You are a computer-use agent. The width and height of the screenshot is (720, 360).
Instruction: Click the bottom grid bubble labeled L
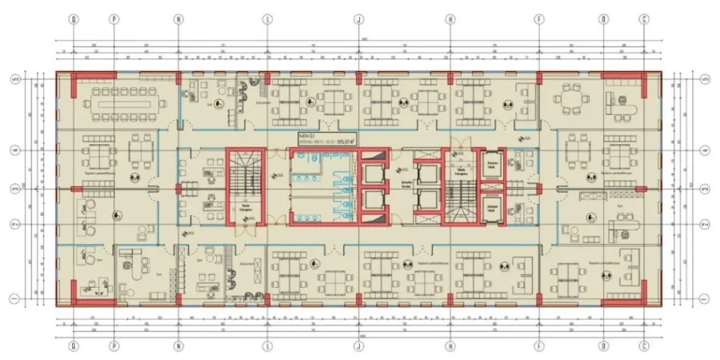click(x=268, y=346)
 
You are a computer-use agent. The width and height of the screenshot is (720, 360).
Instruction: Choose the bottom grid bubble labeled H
click(x=450, y=346)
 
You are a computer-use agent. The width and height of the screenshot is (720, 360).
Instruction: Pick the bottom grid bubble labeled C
click(x=644, y=346)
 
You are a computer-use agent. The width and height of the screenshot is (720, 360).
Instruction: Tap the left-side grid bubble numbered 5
click(x=14, y=80)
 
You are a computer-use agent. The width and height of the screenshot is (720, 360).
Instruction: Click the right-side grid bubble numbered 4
click(x=705, y=150)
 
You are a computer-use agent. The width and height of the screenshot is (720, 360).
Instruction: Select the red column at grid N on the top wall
click(x=178, y=77)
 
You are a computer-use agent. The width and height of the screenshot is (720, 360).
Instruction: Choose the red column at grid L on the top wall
click(x=268, y=77)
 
